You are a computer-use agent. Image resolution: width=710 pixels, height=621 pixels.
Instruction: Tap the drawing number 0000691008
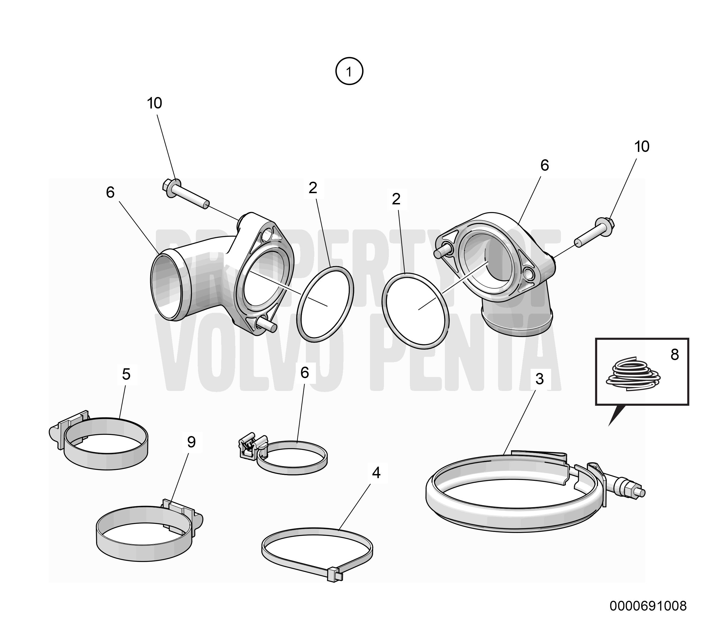(648, 606)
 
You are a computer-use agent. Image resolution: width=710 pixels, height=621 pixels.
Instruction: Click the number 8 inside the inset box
(674, 355)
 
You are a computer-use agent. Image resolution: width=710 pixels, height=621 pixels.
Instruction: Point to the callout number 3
(540, 379)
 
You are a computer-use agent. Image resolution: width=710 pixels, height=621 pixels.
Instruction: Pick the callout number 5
(126, 374)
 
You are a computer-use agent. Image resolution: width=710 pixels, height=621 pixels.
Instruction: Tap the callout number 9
(191, 442)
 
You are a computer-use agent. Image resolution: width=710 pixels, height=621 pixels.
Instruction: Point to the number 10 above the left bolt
(155, 103)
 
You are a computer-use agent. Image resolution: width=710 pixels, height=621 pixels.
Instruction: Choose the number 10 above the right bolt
(642, 147)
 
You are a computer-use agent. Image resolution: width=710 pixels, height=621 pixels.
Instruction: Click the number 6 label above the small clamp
(304, 373)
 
